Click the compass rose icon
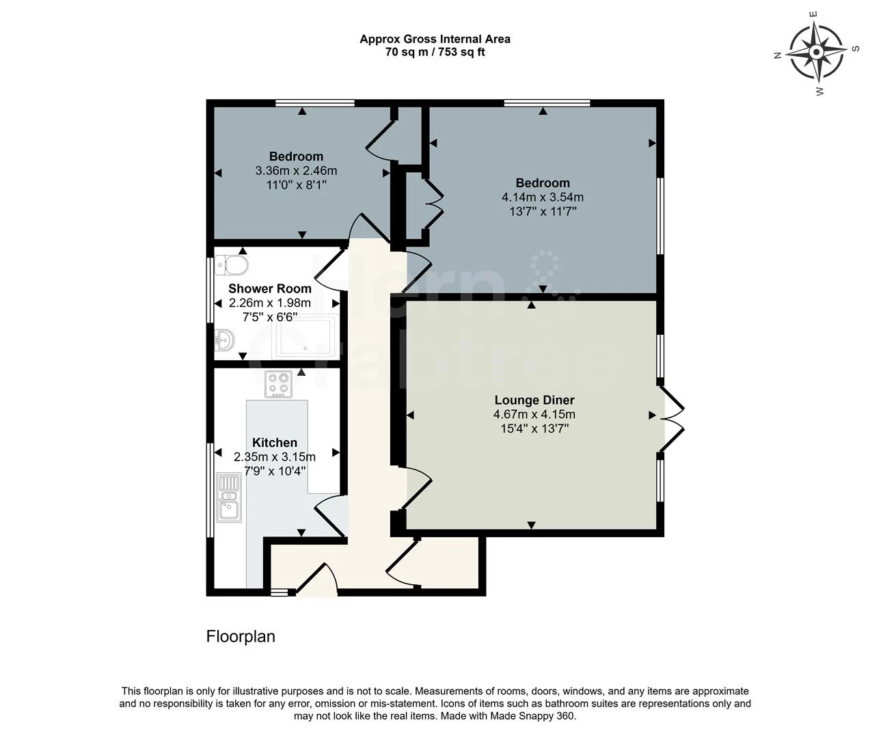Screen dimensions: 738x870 (x=815, y=51)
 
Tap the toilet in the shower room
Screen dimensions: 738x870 (x=233, y=264)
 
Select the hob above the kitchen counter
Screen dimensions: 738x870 (x=279, y=384)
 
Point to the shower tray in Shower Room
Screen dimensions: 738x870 (x=305, y=337)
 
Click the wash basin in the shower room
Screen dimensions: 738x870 (x=224, y=339)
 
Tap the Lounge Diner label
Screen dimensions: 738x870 (x=534, y=400)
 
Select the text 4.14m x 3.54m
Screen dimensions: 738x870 (x=543, y=197)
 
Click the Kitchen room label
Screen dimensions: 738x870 (x=275, y=442)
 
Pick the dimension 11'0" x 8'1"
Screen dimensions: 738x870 (x=296, y=184)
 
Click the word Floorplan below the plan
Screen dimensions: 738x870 (x=241, y=636)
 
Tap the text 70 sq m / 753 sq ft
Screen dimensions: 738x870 (x=435, y=52)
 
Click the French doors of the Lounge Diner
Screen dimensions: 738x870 (x=672, y=418)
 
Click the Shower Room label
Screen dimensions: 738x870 (x=269, y=288)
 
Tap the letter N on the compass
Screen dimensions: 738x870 (x=777, y=56)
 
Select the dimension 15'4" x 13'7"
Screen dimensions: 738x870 (x=534, y=428)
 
